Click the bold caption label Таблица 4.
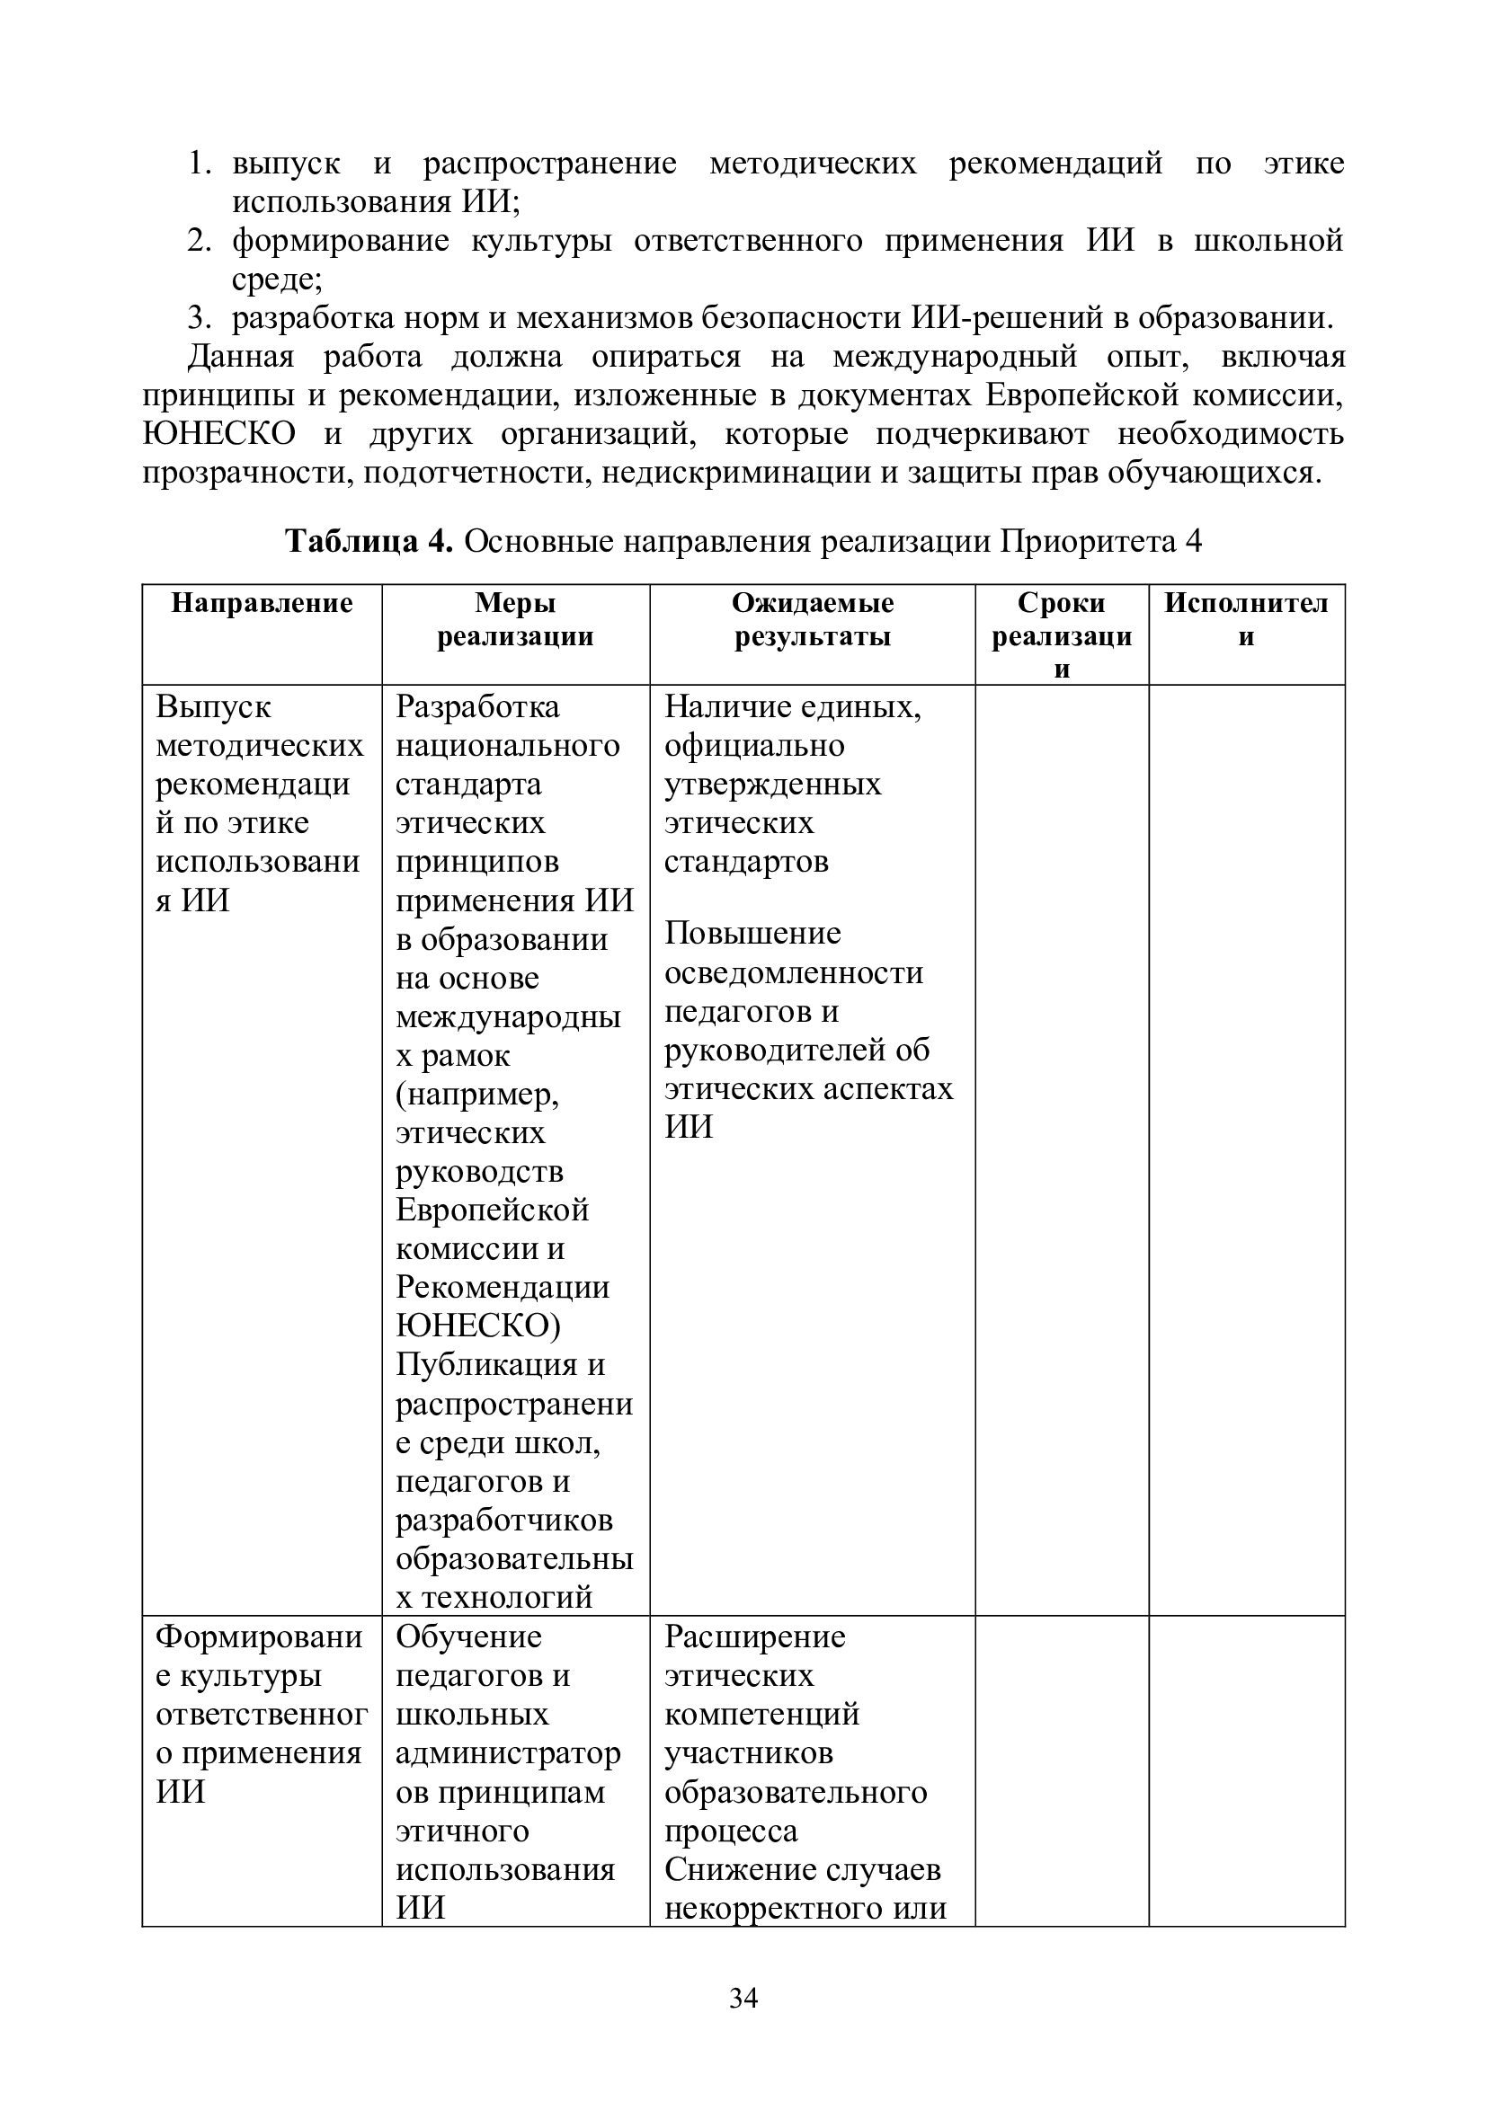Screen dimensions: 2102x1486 tap(369, 542)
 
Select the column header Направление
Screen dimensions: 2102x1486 tap(262, 603)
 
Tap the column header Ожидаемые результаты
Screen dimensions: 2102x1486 tap(812, 620)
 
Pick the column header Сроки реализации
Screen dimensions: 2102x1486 tap(1061, 635)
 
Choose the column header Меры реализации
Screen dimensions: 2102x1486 tap(514, 620)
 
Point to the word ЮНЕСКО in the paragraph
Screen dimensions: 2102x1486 tap(219, 434)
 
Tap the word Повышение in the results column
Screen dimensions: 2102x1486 tap(752, 934)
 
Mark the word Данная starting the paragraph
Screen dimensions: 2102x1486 tap(241, 357)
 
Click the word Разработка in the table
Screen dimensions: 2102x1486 tap(477, 706)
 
